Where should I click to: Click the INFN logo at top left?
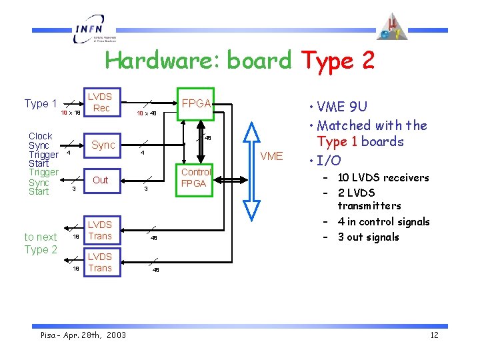point(93,29)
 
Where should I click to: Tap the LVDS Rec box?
point(101,102)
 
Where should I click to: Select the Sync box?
point(103,145)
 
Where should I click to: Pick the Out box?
point(101,180)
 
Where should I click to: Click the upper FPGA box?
point(196,103)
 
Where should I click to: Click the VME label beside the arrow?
point(271,157)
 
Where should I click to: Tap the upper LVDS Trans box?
point(100,230)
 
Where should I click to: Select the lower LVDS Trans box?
point(100,262)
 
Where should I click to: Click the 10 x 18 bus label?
point(71,113)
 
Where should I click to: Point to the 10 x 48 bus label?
point(146,114)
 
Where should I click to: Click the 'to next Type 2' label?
point(41,243)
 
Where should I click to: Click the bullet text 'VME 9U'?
point(343,107)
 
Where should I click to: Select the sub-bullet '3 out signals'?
point(368,237)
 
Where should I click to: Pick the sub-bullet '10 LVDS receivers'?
point(383,177)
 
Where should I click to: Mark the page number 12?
point(434,335)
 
